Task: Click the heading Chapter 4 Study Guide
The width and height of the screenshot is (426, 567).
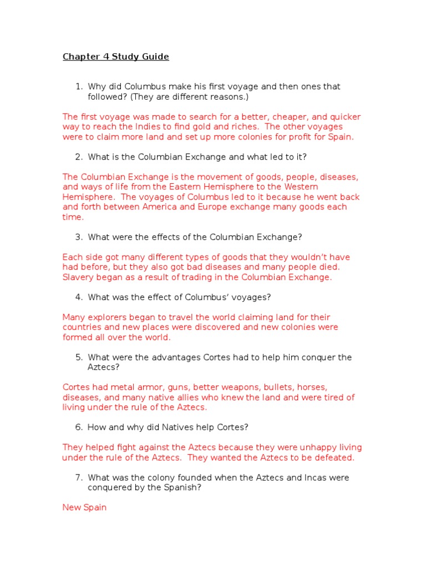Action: (x=115, y=57)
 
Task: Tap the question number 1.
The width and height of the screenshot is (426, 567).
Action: (x=79, y=87)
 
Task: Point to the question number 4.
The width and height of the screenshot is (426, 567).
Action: (x=79, y=297)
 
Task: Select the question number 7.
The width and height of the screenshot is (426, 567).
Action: (x=79, y=478)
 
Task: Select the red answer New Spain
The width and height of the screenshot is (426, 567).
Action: (x=84, y=508)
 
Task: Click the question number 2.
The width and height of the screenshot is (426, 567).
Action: (x=79, y=157)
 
